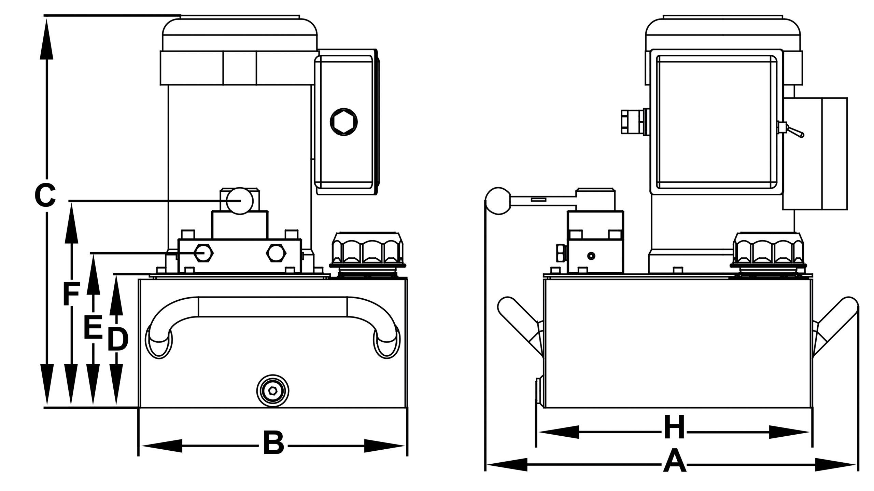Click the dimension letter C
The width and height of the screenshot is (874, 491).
[x=45, y=196]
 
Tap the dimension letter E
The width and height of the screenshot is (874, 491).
[x=93, y=328]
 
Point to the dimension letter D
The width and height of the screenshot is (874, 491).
[x=117, y=340]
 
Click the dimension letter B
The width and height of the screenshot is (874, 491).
[x=273, y=443]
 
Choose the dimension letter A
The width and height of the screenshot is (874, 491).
[x=674, y=471]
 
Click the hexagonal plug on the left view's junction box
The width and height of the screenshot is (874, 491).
[x=344, y=122]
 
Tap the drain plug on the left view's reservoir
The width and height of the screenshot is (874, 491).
[x=272, y=391]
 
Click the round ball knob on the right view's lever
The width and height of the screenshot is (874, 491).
[x=499, y=201]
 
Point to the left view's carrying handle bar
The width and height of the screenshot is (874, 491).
[x=272, y=307]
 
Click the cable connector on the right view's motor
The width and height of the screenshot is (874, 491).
[x=632, y=121]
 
